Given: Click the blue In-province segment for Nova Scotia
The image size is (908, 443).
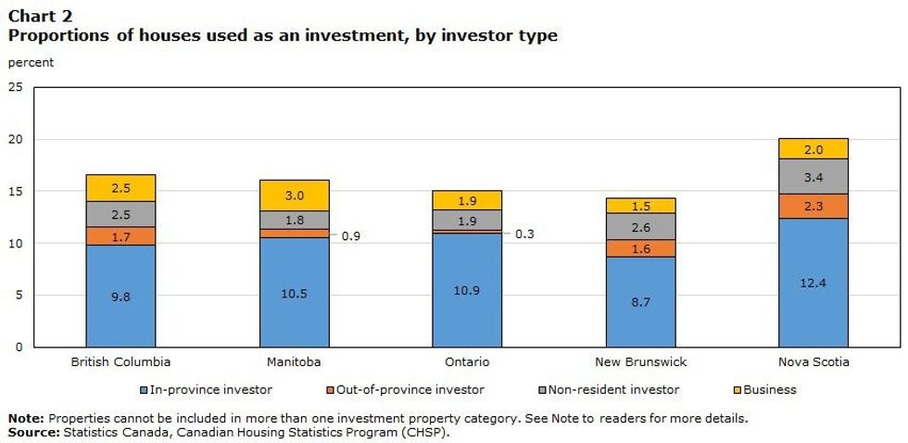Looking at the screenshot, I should pos(813,283).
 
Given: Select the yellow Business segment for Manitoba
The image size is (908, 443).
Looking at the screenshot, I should pos(294,196).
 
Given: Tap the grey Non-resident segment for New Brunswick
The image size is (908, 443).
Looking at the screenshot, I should pos(640,227).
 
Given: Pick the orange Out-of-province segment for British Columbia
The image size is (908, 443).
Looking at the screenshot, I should pos(120,236).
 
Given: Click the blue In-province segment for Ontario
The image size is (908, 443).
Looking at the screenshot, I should pos(467,290).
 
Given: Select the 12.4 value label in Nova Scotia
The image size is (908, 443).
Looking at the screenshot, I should pos(813,282).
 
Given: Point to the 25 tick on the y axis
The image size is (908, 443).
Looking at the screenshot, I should pos(15,88).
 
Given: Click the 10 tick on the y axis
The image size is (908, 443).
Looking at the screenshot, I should pos(15,244).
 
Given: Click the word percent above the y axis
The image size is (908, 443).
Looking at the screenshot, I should pos(31,63).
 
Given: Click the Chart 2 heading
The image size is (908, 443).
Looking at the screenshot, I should pos(41,16).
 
